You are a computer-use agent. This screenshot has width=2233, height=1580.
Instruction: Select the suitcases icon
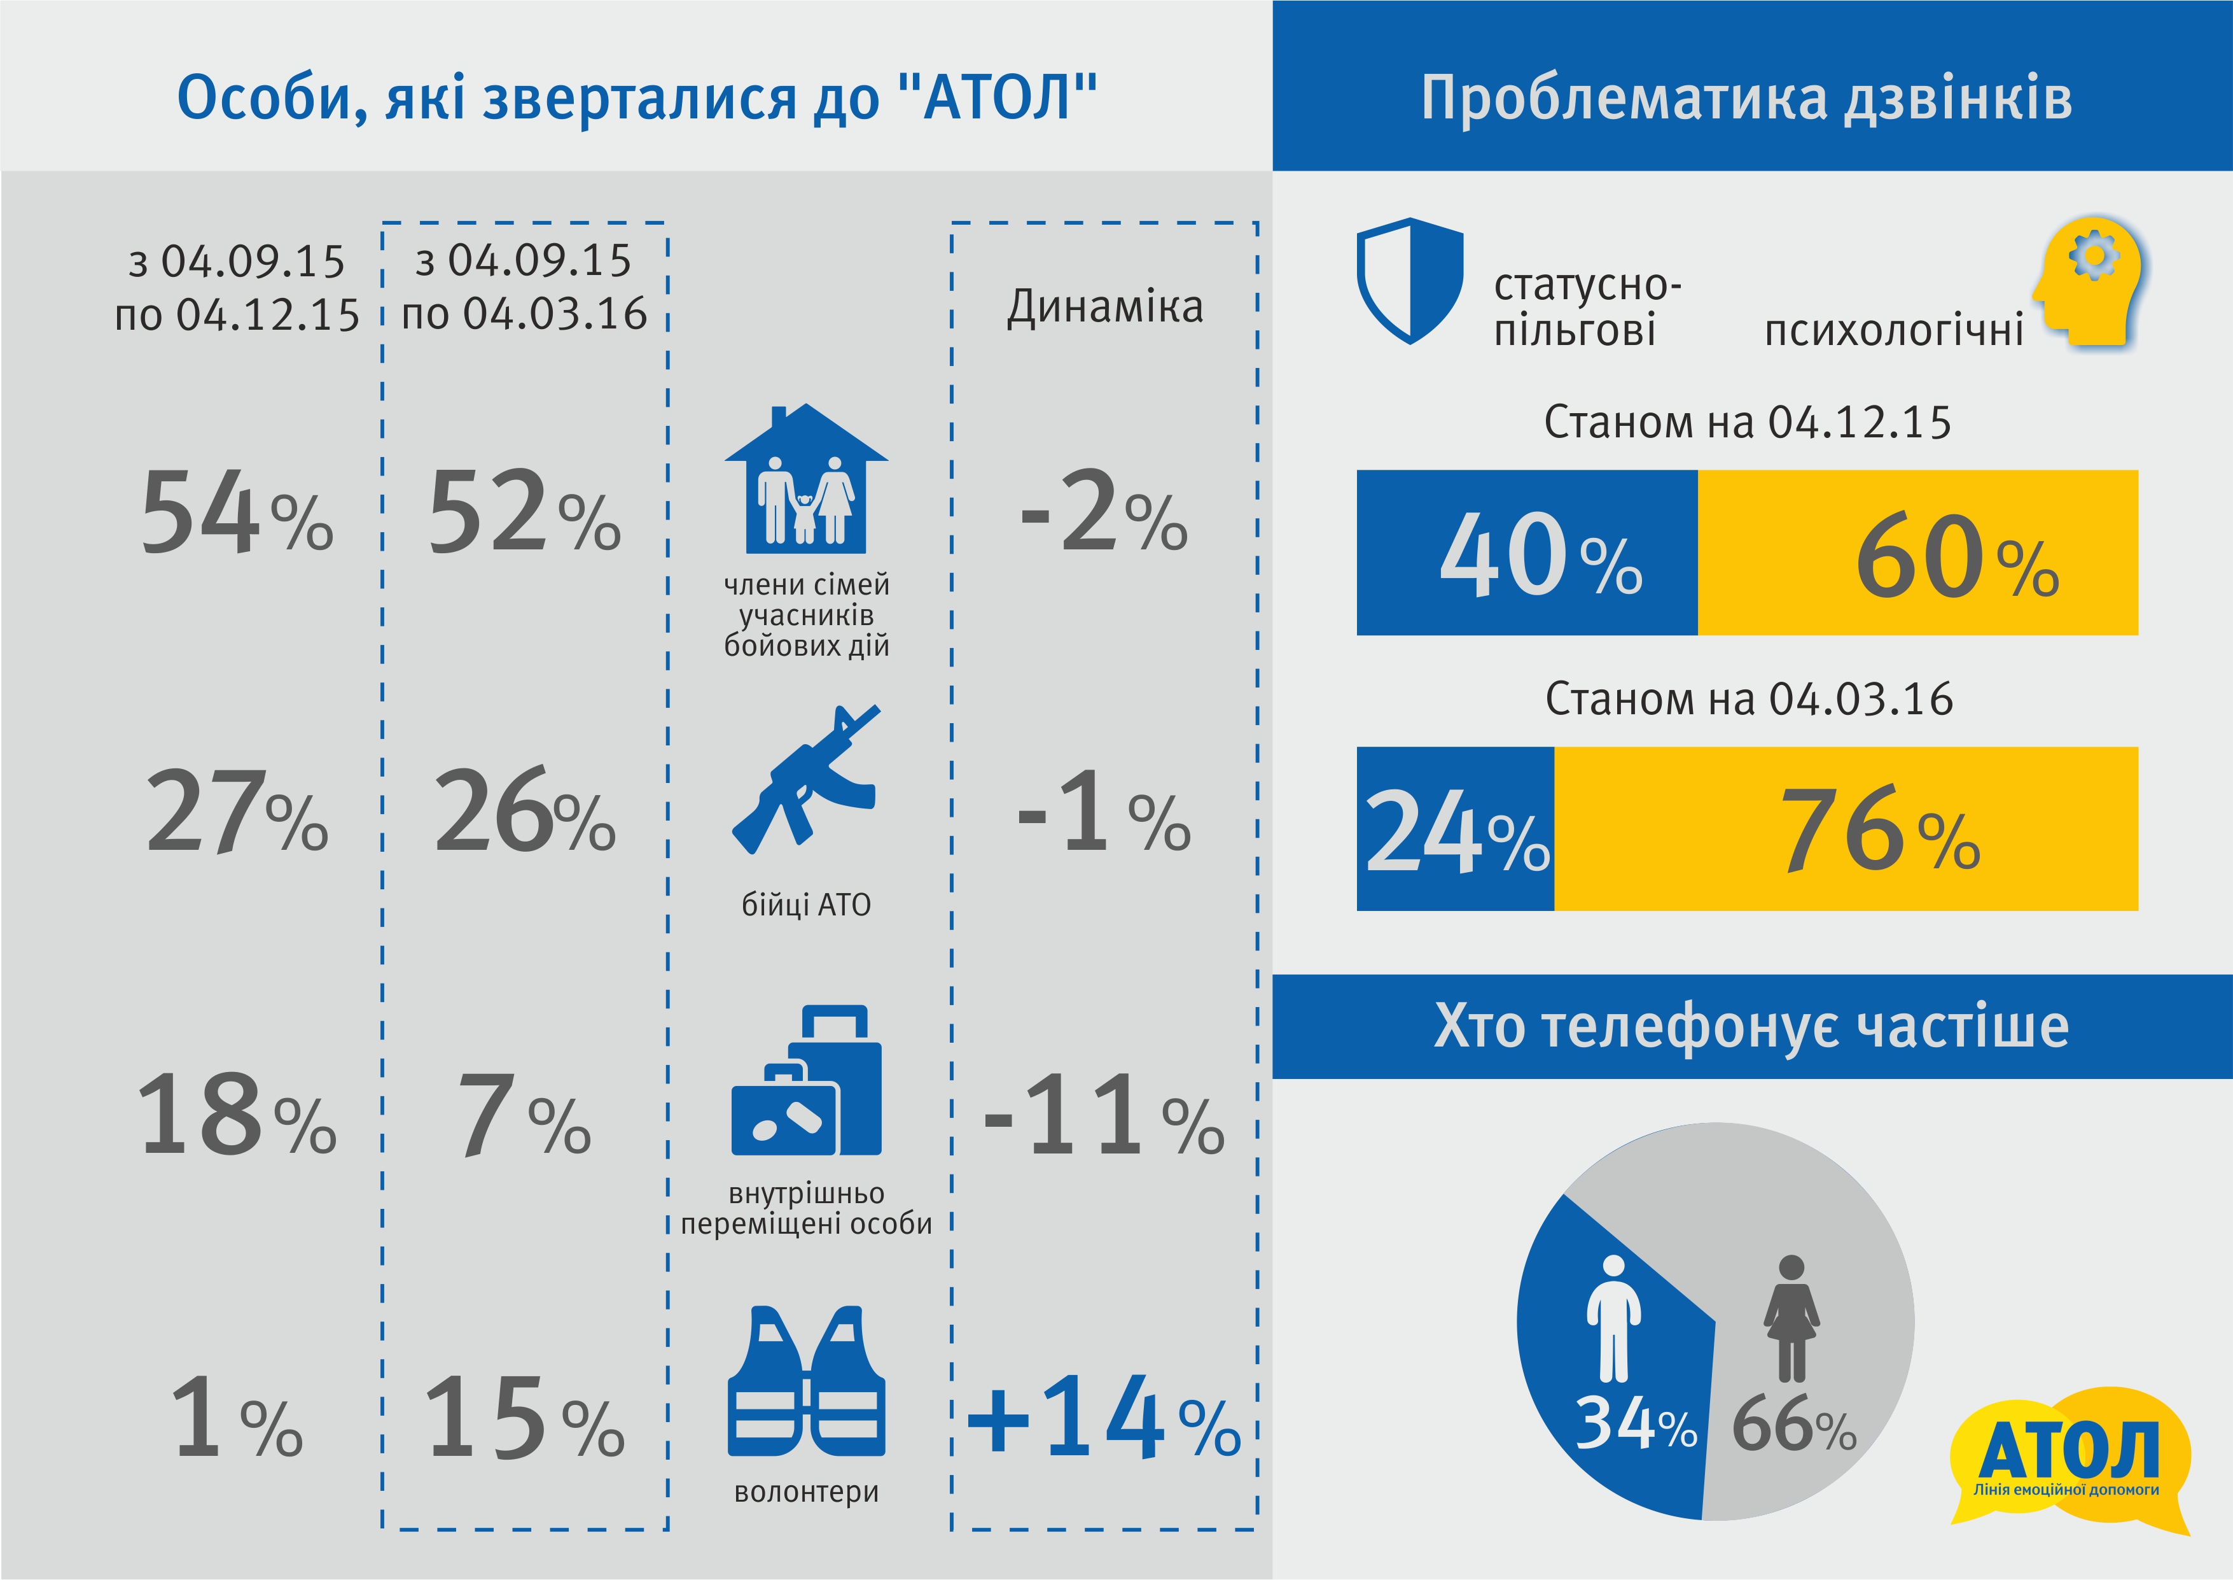[806, 1080]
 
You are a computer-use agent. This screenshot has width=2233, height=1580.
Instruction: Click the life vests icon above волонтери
[806, 1381]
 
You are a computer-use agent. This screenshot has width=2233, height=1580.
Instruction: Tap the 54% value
[237, 512]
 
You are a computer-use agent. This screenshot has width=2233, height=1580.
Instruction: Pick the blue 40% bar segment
[1527, 553]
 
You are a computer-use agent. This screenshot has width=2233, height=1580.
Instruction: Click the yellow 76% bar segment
[1846, 829]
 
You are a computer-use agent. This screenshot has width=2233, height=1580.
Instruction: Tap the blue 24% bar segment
[1455, 829]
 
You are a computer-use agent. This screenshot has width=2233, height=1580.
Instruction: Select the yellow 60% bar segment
[1918, 553]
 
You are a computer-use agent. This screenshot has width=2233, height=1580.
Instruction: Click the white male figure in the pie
[1613, 1317]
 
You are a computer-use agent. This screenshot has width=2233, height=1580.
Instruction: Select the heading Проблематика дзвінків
[1747, 97]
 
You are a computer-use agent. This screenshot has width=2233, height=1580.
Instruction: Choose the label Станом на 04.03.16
[1749, 698]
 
